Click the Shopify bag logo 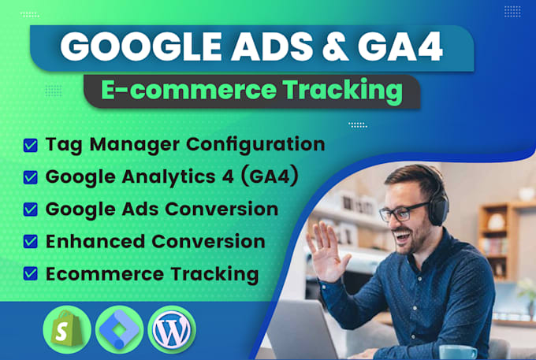[x=65, y=328]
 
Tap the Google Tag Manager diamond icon [x=119, y=328]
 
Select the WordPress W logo [x=171, y=329]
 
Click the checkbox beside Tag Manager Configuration [x=31, y=145]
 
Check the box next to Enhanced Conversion [x=31, y=242]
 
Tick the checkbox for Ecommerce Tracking [x=31, y=274]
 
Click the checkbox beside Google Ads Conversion [x=31, y=210]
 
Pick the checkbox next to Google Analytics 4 [x=31, y=177]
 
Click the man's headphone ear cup [x=441, y=206]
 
